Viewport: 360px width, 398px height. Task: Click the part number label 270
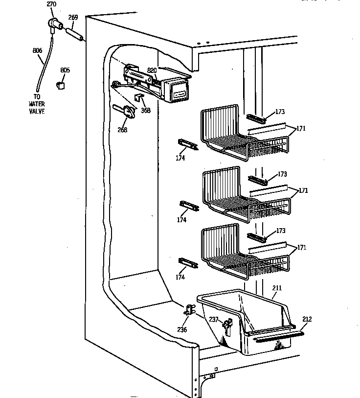pos(51,4)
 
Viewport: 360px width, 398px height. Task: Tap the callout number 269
pos(73,18)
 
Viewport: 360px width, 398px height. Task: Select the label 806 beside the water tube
pos(37,50)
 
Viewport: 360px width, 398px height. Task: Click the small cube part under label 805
pos(61,84)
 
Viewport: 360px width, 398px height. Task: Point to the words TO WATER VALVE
pos(37,104)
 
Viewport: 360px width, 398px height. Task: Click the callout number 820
pos(152,70)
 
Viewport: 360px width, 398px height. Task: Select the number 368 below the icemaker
pos(145,110)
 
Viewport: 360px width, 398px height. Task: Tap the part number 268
pos(122,130)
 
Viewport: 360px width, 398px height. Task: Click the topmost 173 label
pos(280,112)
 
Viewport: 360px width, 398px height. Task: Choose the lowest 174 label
pos(180,277)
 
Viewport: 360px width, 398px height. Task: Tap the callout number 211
pos(277,288)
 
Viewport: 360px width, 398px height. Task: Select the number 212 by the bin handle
pos(307,319)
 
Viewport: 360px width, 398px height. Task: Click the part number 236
pos(182,329)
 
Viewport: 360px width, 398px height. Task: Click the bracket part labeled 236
pos(189,309)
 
